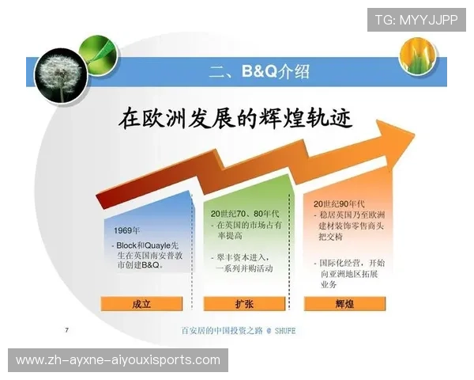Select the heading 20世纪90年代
pyautogui.click(x=340, y=203)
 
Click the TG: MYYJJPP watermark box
pyautogui.click(x=416, y=19)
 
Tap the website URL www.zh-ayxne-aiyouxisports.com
pyautogui.click(x=118, y=360)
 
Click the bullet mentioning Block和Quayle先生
pyautogui.click(x=150, y=256)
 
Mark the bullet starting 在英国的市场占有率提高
pyautogui.click(x=245, y=230)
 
